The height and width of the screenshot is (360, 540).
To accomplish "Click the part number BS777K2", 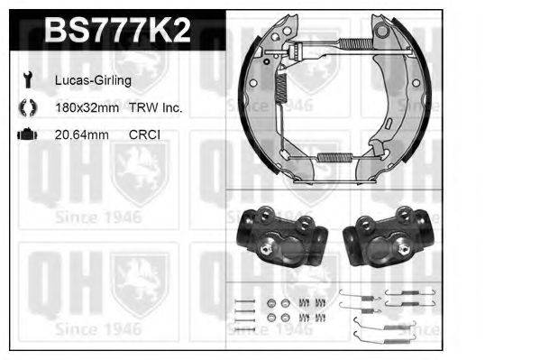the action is pyautogui.click(x=117, y=30).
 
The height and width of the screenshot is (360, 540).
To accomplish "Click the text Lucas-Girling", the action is pyautogui.click(x=93, y=80).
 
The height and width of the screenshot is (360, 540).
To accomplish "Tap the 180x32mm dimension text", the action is pyautogui.click(x=87, y=107).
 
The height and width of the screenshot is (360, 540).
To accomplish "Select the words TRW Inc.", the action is pyautogui.click(x=155, y=107).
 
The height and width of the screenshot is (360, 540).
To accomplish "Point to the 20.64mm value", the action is pyautogui.click(x=82, y=134).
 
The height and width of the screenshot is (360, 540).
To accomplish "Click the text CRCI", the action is pyautogui.click(x=144, y=134).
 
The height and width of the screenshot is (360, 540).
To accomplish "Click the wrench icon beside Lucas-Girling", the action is pyautogui.click(x=28, y=79).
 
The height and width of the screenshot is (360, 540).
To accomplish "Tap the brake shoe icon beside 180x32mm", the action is pyautogui.click(x=28, y=107).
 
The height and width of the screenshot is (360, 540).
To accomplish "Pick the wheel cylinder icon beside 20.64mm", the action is pyautogui.click(x=27, y=134).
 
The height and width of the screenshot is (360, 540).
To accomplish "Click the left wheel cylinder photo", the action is pyautogui.click(x=282, y=236).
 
